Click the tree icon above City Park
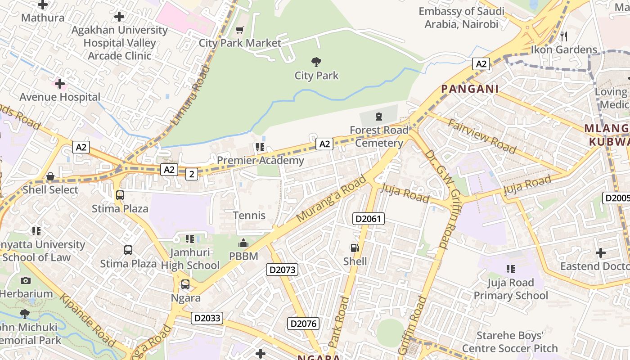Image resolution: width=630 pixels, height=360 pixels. click(x=316, y=62)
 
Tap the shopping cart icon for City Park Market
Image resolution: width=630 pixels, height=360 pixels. click(x=240, y=30)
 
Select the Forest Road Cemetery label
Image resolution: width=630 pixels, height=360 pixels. click(x=379, y=136)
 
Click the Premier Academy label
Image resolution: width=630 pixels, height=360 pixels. click(x=261, y=160)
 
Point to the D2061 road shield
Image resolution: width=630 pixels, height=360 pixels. click(x=368, y=219)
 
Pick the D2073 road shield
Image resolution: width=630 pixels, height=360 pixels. click(x=282, y=270)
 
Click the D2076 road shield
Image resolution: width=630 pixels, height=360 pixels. click(x=303, y=324)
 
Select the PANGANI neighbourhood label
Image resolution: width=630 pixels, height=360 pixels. click(x=470, y=89)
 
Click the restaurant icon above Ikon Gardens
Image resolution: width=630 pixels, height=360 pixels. click(x=564, y=36)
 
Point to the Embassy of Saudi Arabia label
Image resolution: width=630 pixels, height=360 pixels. click(x=461, y=18)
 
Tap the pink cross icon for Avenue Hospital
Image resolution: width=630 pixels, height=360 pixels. click(x=60, y=84)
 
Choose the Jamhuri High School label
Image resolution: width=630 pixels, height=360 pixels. click(x=190, y=259)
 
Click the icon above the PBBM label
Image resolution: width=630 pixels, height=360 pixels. click(x=243, y=243)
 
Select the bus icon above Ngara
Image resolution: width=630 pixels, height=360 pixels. click(x=185, y=284)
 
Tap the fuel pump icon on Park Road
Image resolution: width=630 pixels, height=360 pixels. click(x=355, y=248)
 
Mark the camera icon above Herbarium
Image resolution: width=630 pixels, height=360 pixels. click(x=26, y=281)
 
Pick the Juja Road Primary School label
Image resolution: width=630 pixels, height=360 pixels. click(x=510, y=289)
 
